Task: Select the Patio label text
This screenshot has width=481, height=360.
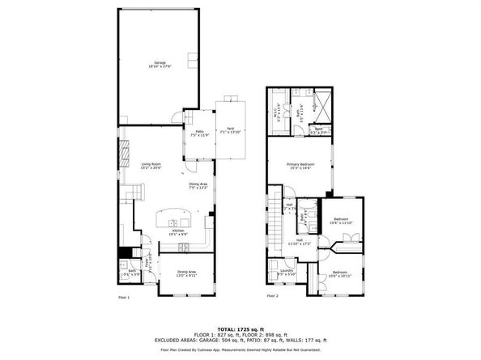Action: tap(198, 133)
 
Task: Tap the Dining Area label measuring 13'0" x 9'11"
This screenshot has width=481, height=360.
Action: tap(187, 273)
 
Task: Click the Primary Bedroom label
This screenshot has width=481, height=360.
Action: tap(300, 166)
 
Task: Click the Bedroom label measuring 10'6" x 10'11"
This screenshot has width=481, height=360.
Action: tap(340, 273)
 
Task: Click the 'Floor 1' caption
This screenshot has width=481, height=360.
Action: tap(123, 297)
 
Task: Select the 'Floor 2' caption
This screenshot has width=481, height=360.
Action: tap(272, 297)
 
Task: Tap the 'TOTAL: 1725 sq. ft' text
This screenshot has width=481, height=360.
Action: tap(240, 330)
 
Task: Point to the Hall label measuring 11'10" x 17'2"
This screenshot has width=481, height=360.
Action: tap(299, 241)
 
